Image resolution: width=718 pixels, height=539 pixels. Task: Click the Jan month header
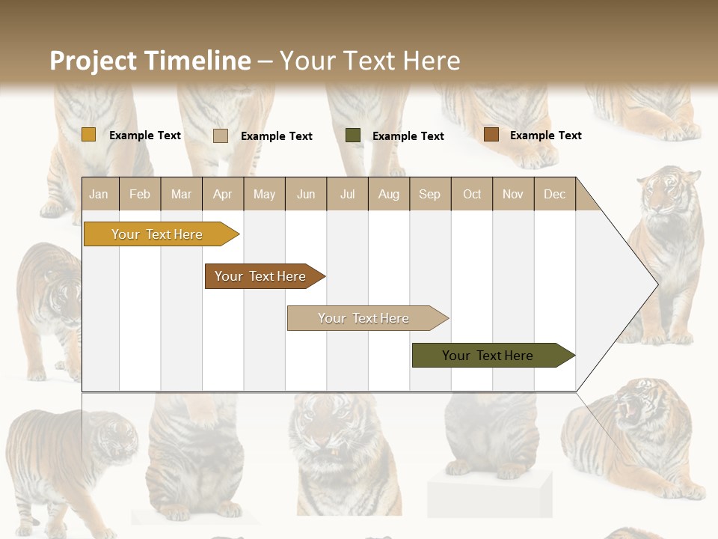(x=99, y=194)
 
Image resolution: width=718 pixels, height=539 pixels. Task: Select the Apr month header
(x=222, y=194)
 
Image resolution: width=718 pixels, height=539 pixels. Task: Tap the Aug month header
(x=388, y=194)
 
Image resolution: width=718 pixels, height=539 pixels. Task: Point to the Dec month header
(x=554, y=194)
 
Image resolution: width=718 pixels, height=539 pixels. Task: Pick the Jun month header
(x=306, y=194)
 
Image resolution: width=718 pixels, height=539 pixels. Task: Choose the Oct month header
(x=472, y=194)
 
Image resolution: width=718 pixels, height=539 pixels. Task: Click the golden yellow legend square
(x=88, y=135)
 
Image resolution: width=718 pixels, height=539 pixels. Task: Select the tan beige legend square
(x=220, y=135)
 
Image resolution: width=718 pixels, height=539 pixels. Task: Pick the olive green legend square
(x=353, y=135)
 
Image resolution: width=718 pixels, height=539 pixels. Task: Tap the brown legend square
(x=491, y=135)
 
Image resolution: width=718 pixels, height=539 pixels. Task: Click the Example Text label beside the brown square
(x=545, y=135)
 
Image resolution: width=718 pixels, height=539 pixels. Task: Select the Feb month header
(x=140, y=194)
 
